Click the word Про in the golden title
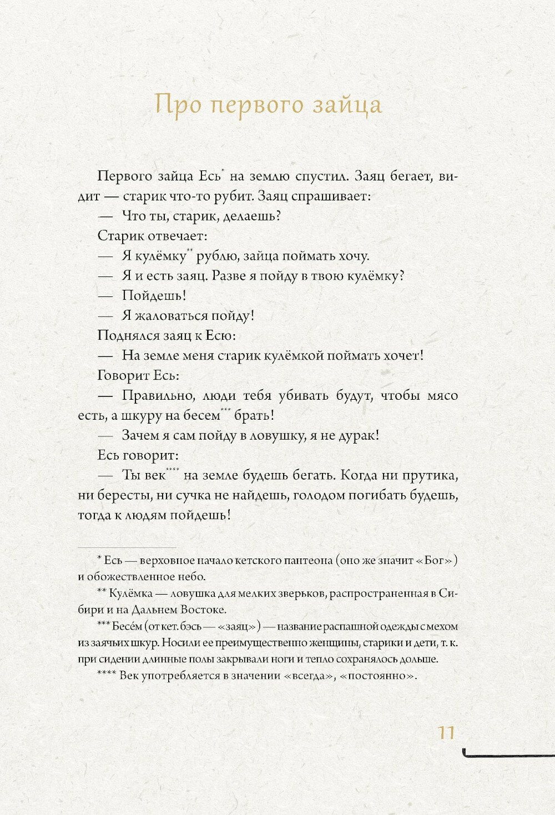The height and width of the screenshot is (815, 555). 177,104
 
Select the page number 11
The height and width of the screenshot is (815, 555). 446,732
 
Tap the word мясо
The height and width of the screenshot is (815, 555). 442,396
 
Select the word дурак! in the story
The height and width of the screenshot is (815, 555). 358,436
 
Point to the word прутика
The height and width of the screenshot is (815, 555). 429,476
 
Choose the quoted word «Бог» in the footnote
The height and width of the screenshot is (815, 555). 433,560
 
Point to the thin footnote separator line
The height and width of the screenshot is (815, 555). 127,547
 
